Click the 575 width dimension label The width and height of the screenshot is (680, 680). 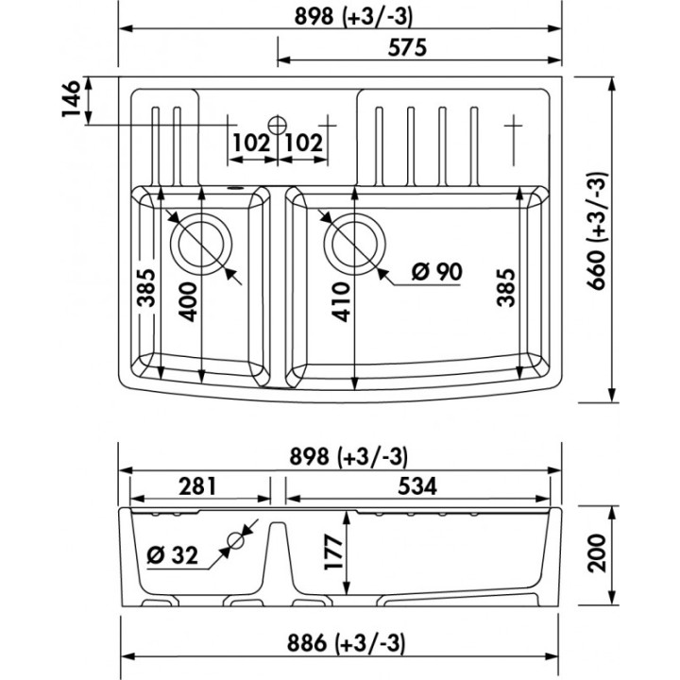[x=407, y=47]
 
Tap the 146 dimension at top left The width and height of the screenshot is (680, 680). [x=71, y=98]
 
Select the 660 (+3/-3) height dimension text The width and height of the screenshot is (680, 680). [x=597, y=230]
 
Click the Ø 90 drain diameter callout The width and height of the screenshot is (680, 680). [x=436, y=272]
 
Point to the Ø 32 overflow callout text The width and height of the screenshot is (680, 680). [x=173, y=554]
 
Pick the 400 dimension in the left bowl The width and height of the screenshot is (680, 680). [x=188, y=302]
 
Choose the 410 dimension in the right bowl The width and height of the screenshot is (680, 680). [x=341, y=302]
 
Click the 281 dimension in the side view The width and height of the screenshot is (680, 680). [x=197, y=486]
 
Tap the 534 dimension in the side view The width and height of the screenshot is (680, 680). [x=417, y=486]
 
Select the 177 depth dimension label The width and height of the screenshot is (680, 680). [x=334, y=552]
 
